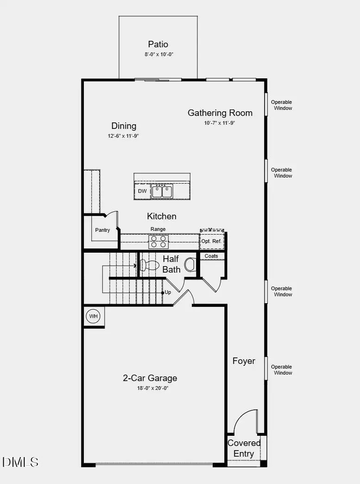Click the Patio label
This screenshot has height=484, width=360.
[x=158, y=45]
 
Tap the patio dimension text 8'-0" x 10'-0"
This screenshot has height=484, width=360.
[x=158, y=54]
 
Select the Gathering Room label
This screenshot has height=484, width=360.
[x=220, y=113]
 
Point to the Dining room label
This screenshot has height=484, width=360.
[x=124, y=126]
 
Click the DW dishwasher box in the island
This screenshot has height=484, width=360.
[x=142, y=191]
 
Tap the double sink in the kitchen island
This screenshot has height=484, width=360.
[x=162, y=191]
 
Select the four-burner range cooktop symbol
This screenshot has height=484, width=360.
[x=158, y=242]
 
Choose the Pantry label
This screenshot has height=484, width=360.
[x=102, y=230]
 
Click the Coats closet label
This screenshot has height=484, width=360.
[x=211, y=256]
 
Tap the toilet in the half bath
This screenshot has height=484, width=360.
[x=150, y=265]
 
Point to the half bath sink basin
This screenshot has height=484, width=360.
[x=190, y=265]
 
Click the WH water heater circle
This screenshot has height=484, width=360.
[x=94, y=317]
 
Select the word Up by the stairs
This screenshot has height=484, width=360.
[x=168, y=293]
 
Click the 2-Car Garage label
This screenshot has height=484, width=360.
[x=150, y=378]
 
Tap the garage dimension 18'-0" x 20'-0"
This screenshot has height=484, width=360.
[x=150, y=388]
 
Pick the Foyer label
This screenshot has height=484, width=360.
[x=244, y=361]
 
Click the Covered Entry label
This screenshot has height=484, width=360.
[x=244, y=448]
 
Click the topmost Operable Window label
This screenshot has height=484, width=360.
[x=282, y=105]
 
